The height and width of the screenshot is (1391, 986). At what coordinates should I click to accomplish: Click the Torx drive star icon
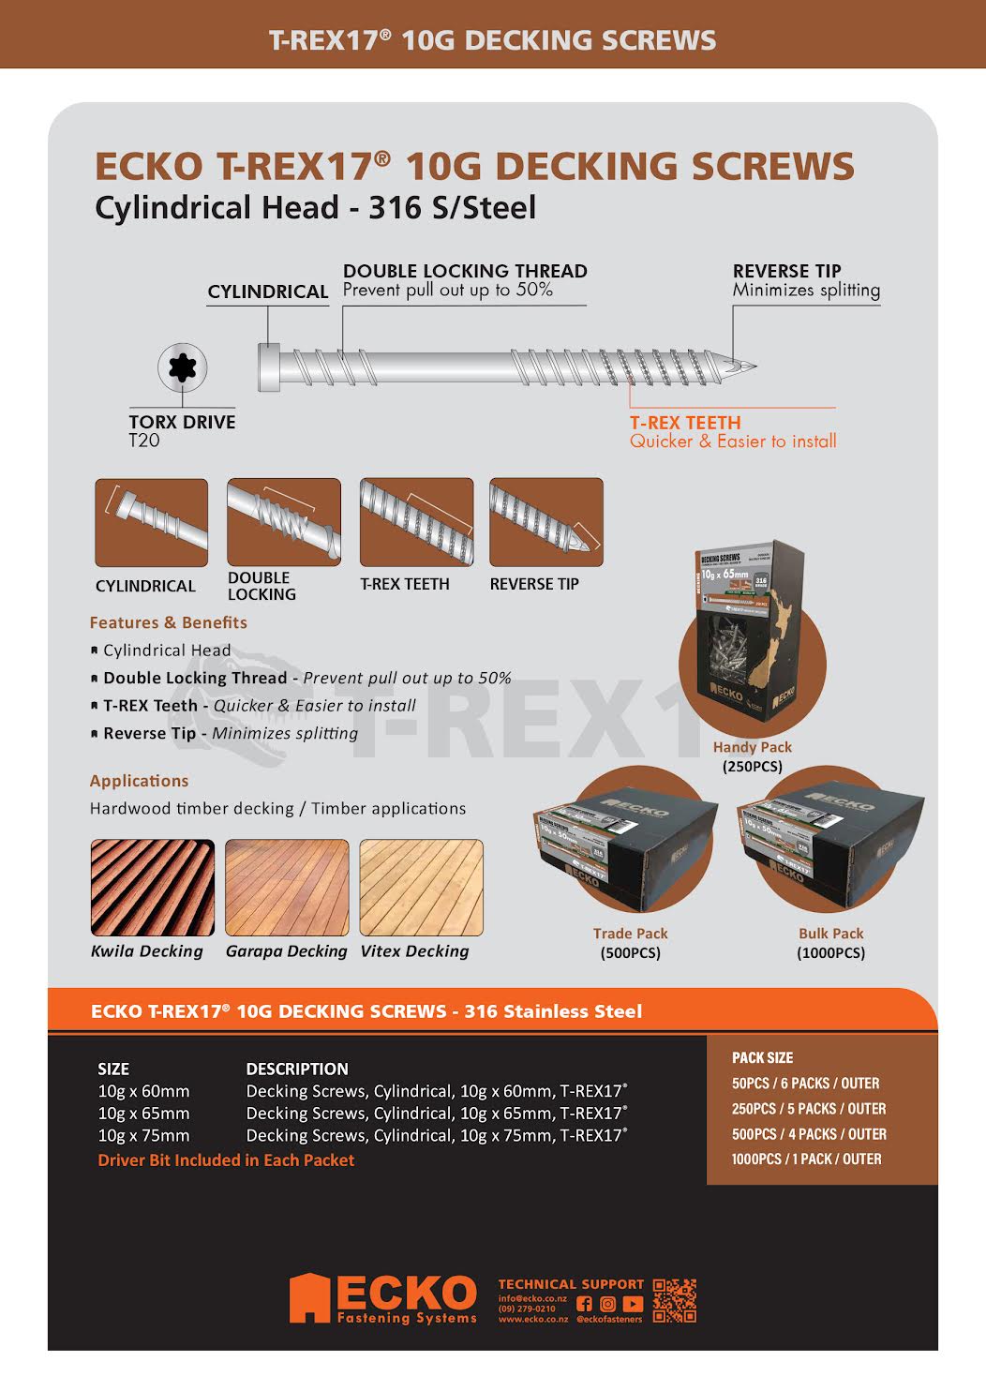tap(182, 366)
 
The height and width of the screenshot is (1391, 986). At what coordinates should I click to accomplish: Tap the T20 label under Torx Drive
tap(144, 441)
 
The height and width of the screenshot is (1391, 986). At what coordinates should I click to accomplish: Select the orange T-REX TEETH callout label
tap(685, 423)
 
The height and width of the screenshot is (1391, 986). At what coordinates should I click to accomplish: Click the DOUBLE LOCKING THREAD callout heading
tap(465, 271)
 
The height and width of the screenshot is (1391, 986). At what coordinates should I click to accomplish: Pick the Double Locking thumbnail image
tap(283, 521)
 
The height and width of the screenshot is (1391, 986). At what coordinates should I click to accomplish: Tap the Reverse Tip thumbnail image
tap(545, 521)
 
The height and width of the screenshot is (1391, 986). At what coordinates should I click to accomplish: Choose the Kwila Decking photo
tap(152, 887)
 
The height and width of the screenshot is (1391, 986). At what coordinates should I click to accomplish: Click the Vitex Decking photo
tap(421, 887)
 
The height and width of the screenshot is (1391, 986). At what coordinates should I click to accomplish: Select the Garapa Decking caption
tap(286, 951)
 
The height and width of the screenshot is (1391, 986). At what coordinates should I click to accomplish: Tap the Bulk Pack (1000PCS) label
tap(830, 943)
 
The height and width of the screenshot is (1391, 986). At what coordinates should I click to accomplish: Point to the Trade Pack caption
tap(630, 934)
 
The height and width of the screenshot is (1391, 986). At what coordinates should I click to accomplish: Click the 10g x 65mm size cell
tap(143, 1114)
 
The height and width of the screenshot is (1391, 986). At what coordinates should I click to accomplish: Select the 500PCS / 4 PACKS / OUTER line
tap(809, 1134)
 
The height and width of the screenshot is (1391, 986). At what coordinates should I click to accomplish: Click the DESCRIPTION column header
tap(296, 1069)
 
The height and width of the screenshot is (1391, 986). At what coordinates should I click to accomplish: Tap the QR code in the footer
tap(674, 1301)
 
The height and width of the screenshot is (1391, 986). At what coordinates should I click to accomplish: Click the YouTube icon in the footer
tap(633, 1304)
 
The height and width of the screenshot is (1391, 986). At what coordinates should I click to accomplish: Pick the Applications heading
tap(139, 781)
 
